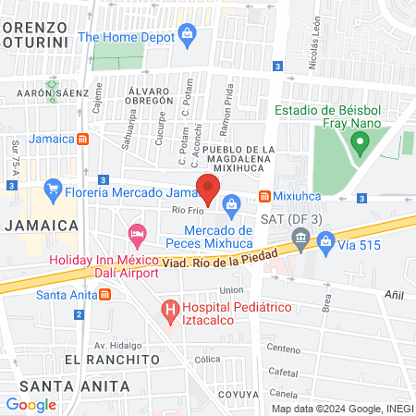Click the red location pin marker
[x=208, y=187]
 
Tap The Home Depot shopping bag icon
[x=188, y=37]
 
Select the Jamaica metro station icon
[x=83, y=139]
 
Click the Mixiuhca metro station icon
[x=264, y=196]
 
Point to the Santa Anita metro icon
[x=104, y=295]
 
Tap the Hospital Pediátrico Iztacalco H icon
[x=169, y=308]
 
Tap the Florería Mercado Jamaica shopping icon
[x=51, y=194]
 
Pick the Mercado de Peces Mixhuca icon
[x=231, y=202]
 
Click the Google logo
[x=31, y=404]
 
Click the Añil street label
[x=394, y=291]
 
